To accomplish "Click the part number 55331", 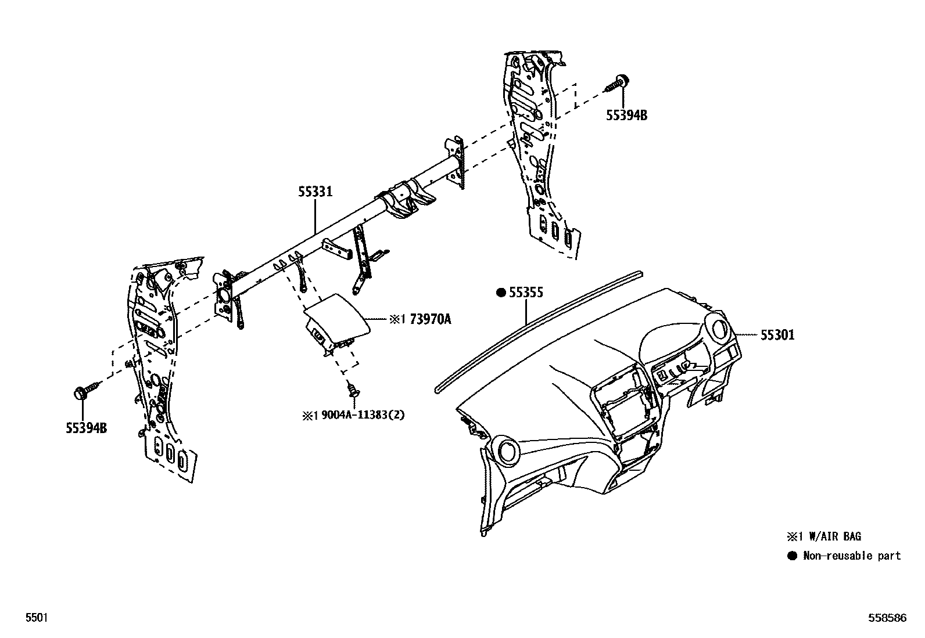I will [315, 191].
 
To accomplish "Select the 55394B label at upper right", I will [626, 115].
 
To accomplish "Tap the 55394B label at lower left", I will [86, 428].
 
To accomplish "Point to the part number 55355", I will [526, 293].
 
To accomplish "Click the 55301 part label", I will [777, 335].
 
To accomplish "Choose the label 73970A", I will [431, 319].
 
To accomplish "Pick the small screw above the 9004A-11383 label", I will [352, 389].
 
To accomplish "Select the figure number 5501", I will [35, 618].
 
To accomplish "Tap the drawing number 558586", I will [887, 618].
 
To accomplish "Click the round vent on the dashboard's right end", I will [720, 329].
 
